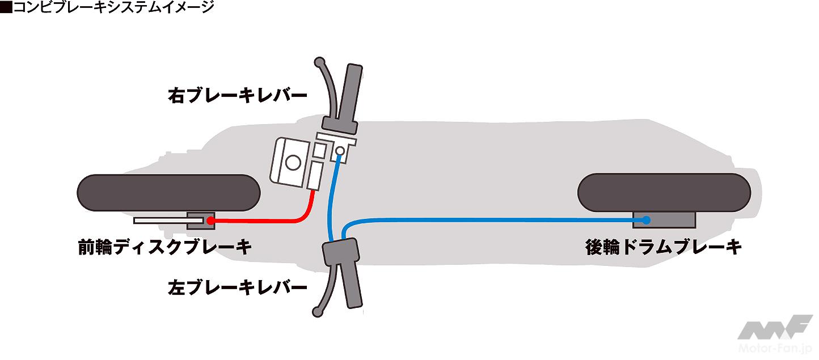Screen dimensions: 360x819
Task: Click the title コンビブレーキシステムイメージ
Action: click(x=113, y=9)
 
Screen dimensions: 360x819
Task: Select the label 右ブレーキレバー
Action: click(x=238, y=95)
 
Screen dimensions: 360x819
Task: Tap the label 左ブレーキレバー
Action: click(x=238, y=287)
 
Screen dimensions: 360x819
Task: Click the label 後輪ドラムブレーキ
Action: click(x=664, y=247)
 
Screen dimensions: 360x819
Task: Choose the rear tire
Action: click(x=664, y=193)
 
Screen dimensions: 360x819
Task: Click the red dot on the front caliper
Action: click(x=210, y=221)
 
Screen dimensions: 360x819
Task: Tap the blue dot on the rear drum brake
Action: click(x=646, y=219)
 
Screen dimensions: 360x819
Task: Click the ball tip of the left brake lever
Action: click(x=317, y=310)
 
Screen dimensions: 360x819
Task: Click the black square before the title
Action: click(x=6, y=9)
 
